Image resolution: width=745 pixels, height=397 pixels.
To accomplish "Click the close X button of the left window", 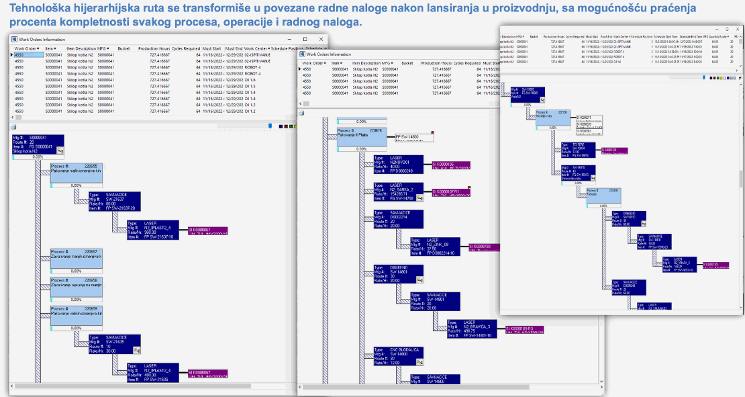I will tap(323, 39).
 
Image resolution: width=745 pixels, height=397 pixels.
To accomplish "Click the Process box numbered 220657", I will tap(77, 256).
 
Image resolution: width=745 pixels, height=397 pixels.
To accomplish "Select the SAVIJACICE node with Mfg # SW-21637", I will tap(115, 200).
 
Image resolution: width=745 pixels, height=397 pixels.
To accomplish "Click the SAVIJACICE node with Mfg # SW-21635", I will tap(115, 343).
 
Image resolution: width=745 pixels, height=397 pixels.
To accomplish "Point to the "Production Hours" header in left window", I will tap(154, 48).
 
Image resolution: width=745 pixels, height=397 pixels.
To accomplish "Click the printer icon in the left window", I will tap(14, 126).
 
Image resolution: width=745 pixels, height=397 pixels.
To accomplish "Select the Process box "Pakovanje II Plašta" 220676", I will tap(361, 135).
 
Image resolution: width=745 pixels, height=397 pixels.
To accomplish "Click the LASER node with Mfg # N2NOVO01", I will tap(399, 164).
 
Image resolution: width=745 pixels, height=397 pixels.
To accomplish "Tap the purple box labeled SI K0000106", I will tap(450, 164).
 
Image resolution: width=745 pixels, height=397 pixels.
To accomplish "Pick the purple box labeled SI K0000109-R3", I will tap(524, 329).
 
